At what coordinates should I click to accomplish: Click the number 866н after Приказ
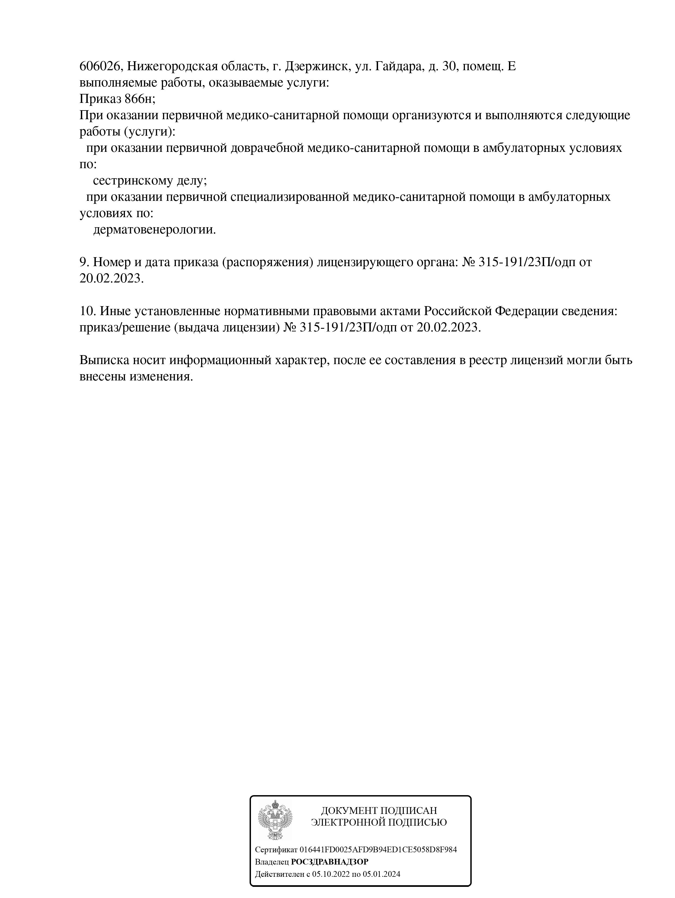[x=140, y=99]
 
